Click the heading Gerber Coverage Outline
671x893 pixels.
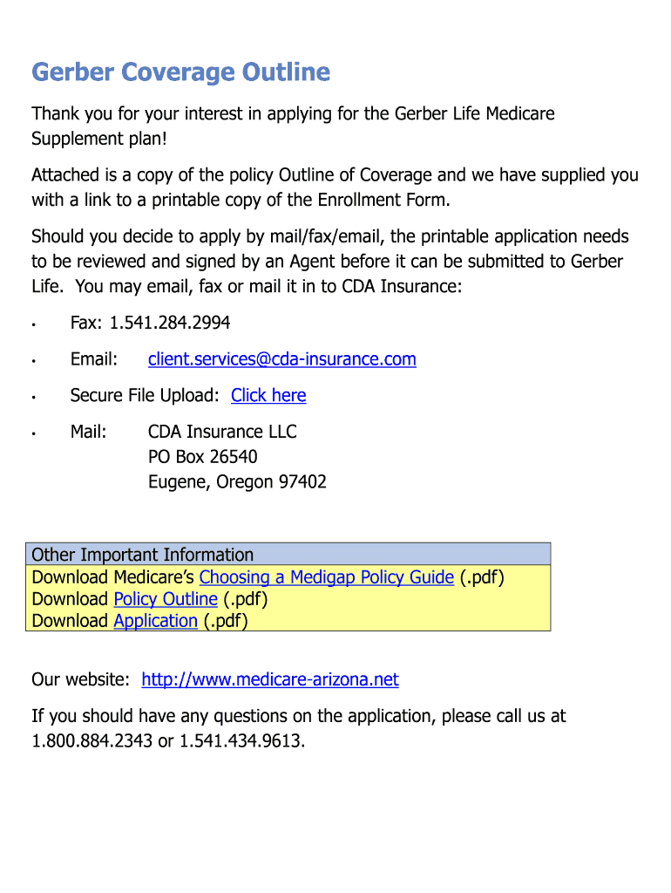coord(180,72)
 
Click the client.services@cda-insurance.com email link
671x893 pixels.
coord(281,359)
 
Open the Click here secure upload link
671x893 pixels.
coord(268,396)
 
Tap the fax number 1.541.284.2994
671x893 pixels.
coord(169,324)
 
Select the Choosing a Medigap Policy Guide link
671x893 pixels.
coord(326,577)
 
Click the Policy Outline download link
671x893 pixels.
coord(166,599)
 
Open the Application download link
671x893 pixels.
coord(156,621)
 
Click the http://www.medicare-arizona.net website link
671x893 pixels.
coord(269,680)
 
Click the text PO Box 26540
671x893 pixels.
coord(202,457)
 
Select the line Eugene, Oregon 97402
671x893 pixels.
coord(237,482)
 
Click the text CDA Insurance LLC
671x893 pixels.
coord(222,432)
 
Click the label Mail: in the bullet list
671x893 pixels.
coord(89,432)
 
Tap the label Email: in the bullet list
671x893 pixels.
coord(93,359)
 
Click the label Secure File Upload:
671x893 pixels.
coord(145,396)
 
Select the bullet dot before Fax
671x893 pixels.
coord(32,325)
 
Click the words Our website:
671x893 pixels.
coord(81,680)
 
